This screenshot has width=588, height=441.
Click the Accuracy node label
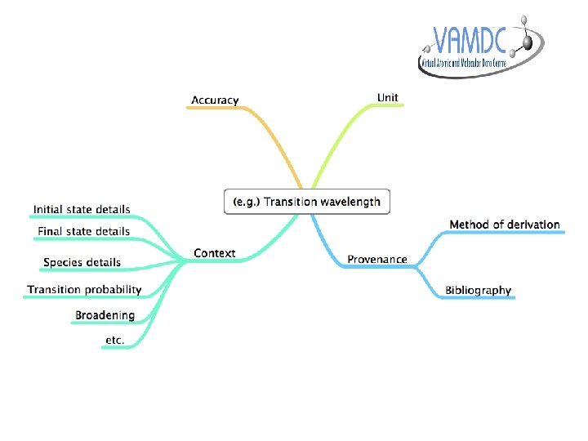click(215, 100)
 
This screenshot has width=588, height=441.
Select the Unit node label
click(388, 97)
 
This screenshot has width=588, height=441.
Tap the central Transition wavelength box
click(307, 202)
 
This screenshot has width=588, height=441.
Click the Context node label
click(214, 253)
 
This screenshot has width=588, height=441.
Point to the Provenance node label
click(376, 259)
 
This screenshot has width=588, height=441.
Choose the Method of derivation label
click(505, 225)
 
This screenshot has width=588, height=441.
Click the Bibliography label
click(478, 290)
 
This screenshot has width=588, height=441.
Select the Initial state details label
click(82, 210)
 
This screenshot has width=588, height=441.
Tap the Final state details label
click(84, 231)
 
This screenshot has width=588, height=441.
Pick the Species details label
click(82, 262)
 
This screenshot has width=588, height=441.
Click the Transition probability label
click(84, 289)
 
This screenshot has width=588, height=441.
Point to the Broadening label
click(105, 315)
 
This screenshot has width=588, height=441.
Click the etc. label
click(114, 340)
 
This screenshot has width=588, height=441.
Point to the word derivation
click(533, 225)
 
